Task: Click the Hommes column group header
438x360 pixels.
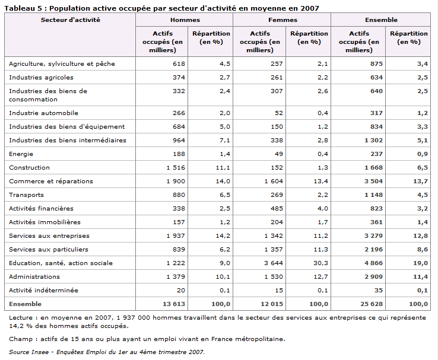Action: [185, 20]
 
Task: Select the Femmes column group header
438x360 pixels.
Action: [283, 20]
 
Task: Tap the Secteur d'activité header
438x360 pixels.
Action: [71, 20]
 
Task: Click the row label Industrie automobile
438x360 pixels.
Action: [43, 113]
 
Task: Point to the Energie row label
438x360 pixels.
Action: [21, 154]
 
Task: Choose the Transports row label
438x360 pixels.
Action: [26, 195]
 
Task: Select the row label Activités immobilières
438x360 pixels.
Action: [45, 222]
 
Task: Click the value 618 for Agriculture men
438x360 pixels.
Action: [179, 63]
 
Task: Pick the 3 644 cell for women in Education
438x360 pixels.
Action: [274, 263]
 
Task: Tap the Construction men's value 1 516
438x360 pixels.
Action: [176, 167]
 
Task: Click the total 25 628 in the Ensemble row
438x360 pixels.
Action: [372, 304]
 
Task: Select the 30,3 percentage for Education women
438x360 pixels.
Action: [320, 263]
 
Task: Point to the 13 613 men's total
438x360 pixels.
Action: [174, 304]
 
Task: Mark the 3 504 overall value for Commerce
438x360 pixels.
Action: [373, 181]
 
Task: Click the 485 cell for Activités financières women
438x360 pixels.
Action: [277, 208]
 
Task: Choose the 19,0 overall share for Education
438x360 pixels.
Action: [420, 263]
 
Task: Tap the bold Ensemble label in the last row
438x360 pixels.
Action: [25, 304]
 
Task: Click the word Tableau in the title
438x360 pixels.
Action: [20, 8]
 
